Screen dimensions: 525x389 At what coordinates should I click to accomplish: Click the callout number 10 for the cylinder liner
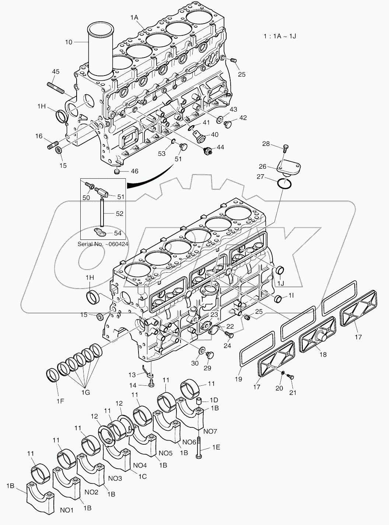click(69, 42)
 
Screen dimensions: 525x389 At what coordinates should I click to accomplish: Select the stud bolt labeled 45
click(56, 88)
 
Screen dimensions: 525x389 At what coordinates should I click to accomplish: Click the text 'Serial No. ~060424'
click(103, 244)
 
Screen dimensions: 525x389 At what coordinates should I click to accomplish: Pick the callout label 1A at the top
click(134, 17)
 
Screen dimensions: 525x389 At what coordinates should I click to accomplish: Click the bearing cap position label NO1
click(67, 510)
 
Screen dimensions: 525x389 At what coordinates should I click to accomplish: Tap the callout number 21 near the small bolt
click(293, 393)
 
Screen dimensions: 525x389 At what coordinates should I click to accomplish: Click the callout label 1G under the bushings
click(85, 393)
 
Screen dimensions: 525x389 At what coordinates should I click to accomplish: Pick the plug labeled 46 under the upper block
click(116, 171)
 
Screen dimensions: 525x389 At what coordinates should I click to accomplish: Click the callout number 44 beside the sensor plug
click(220, 147)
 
